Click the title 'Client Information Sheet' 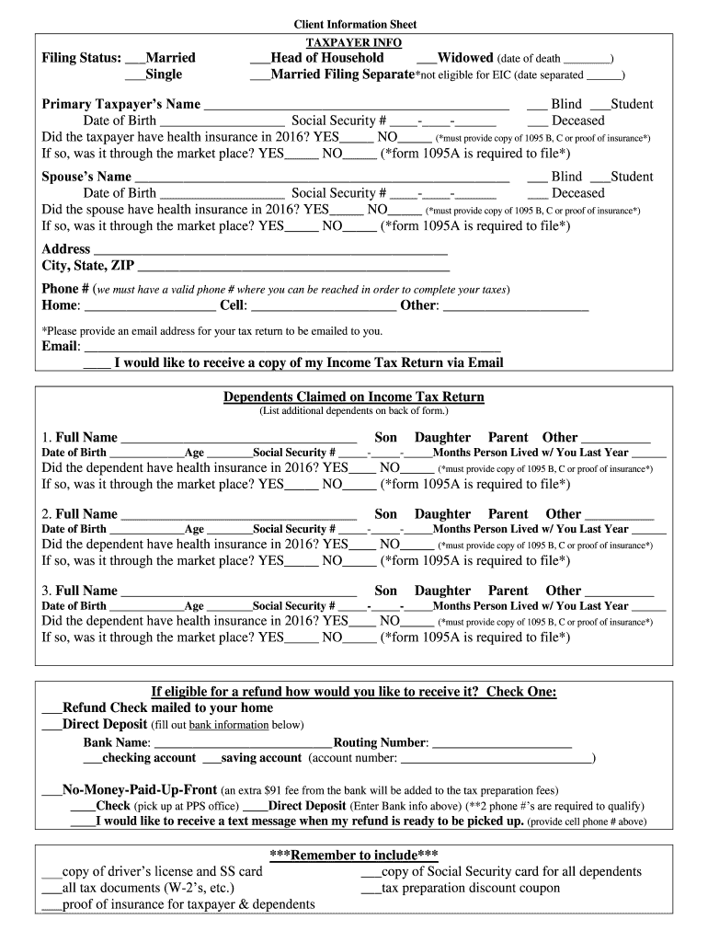click(x=354, y=24)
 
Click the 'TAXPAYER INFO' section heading click(x=354, y=42)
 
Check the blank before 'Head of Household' click(x=260, y=58)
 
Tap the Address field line click(x=270, y=250)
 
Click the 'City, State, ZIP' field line click(x=293, y=267)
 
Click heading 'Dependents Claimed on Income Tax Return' click(x=354, y=396)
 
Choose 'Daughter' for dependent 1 click(x=442, y=438)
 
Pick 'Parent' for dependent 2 click(x=508, y=514)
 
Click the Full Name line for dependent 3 click(x=238, y=592)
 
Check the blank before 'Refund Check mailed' click(x=51, y=708)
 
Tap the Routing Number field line click(x=501, y=743)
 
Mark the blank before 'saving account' click(x=211, y=759)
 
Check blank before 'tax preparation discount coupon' click(x=371, y=889)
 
